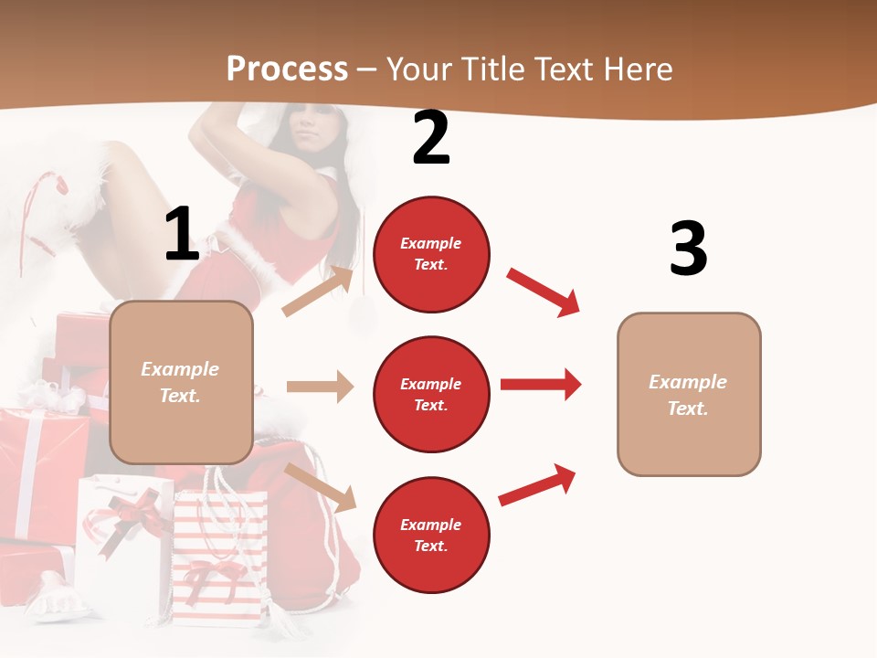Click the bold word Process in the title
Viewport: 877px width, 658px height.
pos(287,69)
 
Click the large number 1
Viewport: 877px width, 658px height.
pos(182,235)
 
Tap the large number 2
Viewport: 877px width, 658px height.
pos(431,139)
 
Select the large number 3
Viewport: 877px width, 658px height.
pos(688,249)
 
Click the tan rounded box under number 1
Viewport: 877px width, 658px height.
pos(181,382)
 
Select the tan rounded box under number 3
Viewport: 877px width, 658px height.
pos(689,394)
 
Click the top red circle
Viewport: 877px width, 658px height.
pos(431,254)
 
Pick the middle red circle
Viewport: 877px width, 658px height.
pos(431,394)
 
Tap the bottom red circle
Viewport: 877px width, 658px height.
pos(431,535)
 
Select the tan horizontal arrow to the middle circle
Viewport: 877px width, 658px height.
pos(320,387)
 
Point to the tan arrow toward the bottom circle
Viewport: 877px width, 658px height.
pos(320,486)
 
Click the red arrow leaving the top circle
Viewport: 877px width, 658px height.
pos(543,292)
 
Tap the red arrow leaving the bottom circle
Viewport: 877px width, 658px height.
pos(537,484)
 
